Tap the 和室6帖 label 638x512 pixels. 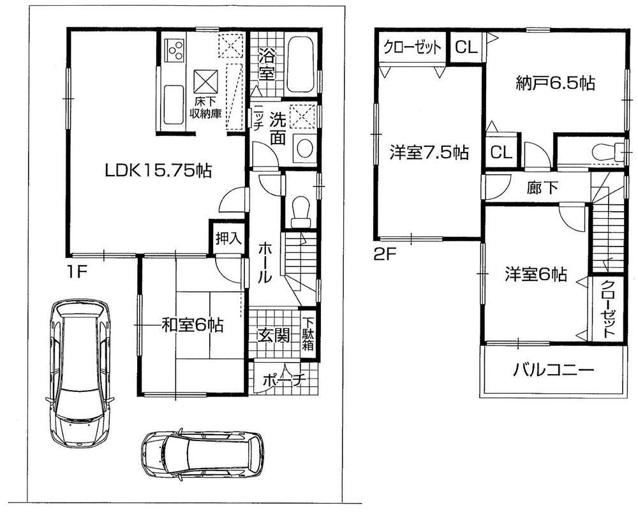pos(191,326)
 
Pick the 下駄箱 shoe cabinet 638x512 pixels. pos(308,334)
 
